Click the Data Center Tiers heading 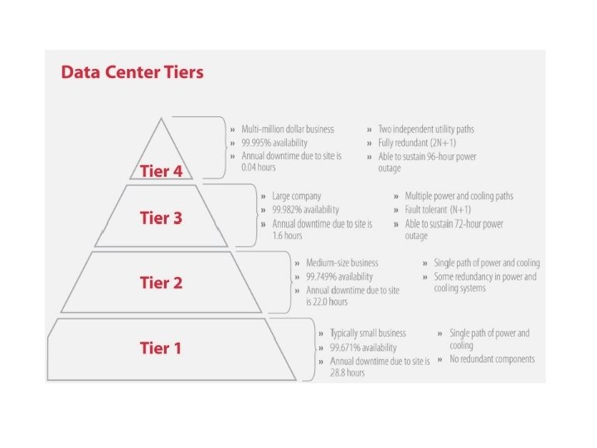[133, 72]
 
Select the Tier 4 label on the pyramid [166, 172]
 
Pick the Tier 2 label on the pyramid [161, 282]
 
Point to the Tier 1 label [160, 348]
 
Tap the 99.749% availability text [338, 276]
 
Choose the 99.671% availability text [362, 346]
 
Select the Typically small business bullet [371, 333]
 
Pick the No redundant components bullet [492, 359]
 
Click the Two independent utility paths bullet [426, 129]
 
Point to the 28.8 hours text [347, 373]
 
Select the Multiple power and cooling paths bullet [459, 197]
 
